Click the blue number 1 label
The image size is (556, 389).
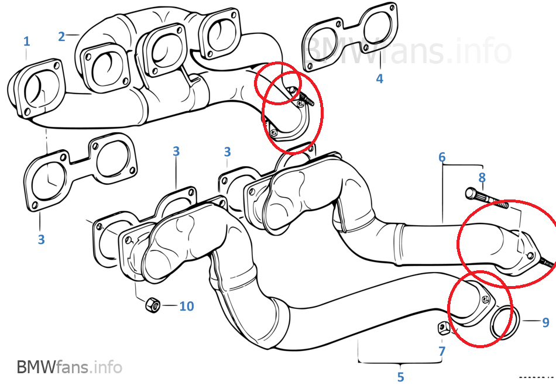point(26,42)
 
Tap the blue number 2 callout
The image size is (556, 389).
point(61,36)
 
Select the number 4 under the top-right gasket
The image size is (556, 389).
point(379,78)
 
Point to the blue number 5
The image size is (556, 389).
point(401,377)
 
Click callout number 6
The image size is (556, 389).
point(442,157)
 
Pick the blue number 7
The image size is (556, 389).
point(442,351)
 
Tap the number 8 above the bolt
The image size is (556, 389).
point(482,177)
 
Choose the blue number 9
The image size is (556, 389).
point(545,322)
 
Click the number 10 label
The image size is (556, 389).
point(187,306)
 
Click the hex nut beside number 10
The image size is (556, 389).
point(153,305)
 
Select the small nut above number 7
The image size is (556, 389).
point(444,328)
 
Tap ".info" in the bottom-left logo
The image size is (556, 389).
point(106,367)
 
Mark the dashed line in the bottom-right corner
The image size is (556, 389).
point(537,377)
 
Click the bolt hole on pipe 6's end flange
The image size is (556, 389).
point(530,256)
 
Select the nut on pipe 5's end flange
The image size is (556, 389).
point(485,300)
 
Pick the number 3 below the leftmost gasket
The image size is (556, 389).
point(41,240)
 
